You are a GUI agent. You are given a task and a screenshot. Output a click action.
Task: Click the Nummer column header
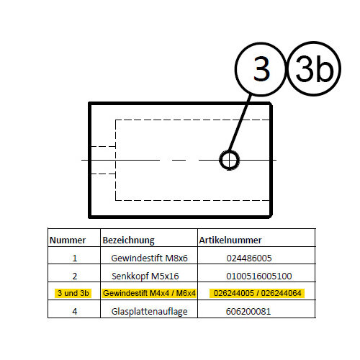[68, 240]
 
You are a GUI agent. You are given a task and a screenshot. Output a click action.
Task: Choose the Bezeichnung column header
[128, 240]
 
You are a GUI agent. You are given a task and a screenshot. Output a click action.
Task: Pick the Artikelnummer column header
[230, 240]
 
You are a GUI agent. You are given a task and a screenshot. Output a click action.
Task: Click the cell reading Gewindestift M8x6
[149, 258]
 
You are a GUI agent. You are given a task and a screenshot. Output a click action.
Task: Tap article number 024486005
[249, 258]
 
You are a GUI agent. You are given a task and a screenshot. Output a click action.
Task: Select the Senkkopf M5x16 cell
[145, 276]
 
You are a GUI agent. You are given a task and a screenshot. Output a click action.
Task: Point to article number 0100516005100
[259, 276]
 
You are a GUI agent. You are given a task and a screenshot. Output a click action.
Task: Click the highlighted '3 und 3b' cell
[73, 293]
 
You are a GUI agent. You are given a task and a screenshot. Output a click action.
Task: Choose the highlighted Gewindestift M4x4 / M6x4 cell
[149, 293]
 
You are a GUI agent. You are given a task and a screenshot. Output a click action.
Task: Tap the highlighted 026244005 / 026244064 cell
[257, 293]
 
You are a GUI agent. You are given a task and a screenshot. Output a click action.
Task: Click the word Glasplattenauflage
[149, 312]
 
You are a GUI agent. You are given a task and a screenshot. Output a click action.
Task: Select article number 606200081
[248, 312]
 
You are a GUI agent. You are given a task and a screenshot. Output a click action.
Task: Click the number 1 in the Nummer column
[75, 258]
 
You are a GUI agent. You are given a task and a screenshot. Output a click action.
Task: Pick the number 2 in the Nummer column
[75, 276]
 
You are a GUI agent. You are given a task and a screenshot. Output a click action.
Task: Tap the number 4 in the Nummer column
[75, 312]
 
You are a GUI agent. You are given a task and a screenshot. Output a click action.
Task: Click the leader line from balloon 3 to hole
[240, 123]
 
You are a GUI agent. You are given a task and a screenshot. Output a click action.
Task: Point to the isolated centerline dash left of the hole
[179, 160]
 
